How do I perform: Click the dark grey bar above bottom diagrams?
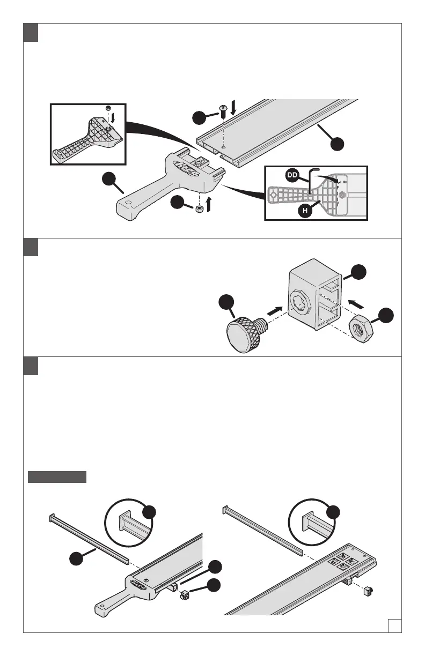coord(57,477)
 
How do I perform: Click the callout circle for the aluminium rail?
coord(336,145)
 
